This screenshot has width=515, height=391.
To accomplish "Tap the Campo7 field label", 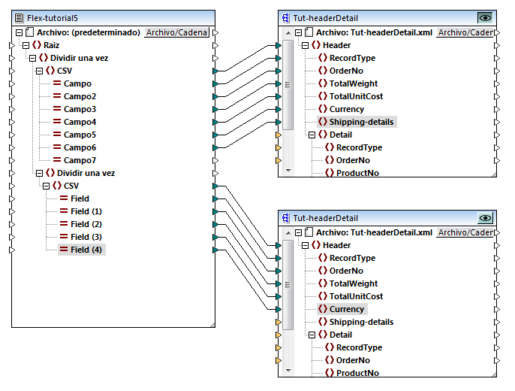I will click(80, 160).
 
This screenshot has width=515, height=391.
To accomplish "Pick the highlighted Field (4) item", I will click(86, 250).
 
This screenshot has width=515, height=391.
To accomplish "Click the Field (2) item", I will click(86, 224).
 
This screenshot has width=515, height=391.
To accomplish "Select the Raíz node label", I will click(52, 45).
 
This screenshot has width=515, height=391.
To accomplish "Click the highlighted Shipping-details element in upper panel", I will click(361, 122).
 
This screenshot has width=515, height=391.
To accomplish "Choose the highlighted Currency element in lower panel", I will click(347, 309).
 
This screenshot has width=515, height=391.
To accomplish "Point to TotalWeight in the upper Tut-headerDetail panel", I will click(354, 83).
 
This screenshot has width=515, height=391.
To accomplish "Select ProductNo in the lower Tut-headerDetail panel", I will click(357, 373).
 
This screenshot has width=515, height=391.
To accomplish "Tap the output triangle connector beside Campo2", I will click(216, 96).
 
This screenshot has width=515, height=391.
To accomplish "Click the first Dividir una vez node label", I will click(83, 58).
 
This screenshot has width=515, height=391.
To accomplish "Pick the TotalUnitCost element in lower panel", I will click(356, 296).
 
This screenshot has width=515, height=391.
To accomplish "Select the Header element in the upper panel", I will click(336, 45).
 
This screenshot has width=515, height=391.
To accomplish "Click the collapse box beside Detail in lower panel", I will click(309, 335).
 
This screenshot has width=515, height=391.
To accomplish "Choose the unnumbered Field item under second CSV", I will click(80, 199).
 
